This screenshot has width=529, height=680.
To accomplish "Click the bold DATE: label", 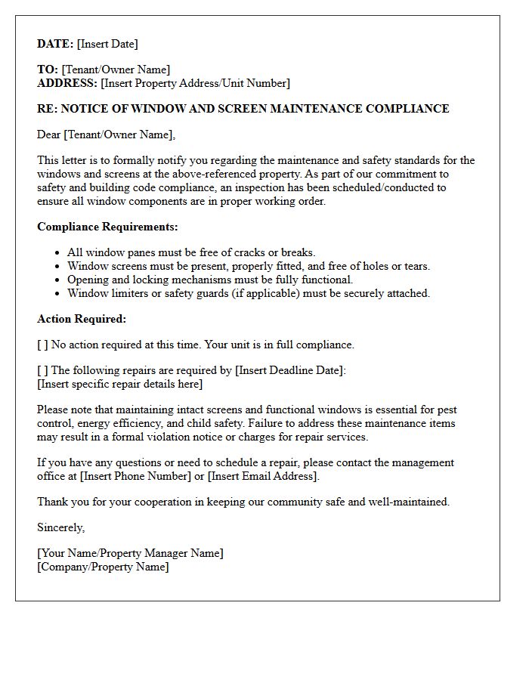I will coord(55,44).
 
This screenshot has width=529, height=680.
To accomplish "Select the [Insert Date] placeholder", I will coord(107,44).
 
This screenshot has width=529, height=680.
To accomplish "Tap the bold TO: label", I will coord(48,70).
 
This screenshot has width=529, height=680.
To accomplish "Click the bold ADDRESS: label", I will coord(67,83).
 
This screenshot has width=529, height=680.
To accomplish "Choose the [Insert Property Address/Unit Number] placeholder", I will coord(195,83).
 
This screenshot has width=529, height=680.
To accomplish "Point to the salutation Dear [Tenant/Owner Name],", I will coord(106,134).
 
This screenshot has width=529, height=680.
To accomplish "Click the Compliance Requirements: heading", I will coord(107,227).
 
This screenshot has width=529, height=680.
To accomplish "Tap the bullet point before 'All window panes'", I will coord(58,253).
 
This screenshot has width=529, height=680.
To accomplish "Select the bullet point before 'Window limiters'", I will coord(58,294).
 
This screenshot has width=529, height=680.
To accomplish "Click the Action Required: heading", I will coord(82,319).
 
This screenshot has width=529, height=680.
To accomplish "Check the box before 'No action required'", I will coord(42,345).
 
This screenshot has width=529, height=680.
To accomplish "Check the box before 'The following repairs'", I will coord(42,370).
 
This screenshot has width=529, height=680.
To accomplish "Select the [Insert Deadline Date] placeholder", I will coord(289,370).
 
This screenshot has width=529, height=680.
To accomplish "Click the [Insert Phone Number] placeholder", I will coord(135,476).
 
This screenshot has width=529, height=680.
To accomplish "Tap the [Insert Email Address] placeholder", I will coord(263,476).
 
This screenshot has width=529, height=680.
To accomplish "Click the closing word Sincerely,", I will coord(61,527).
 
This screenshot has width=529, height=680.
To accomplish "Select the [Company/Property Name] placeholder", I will coord(103,567).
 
